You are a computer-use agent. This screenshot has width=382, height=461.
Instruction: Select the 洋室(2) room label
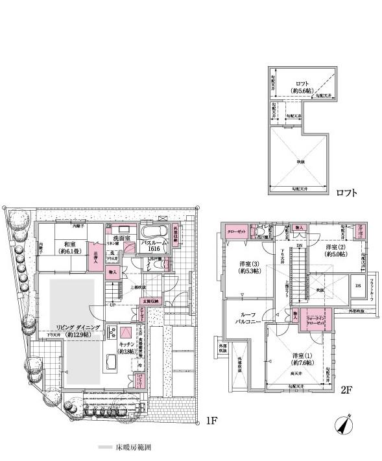(x=335, y=251)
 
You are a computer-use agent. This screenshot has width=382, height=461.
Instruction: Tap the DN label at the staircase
(x=300, y=246)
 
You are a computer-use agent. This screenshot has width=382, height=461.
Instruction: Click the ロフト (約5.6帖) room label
(x=300, y=86)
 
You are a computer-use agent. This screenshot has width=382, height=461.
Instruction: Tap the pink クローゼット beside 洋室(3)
(x=235, y=230)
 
